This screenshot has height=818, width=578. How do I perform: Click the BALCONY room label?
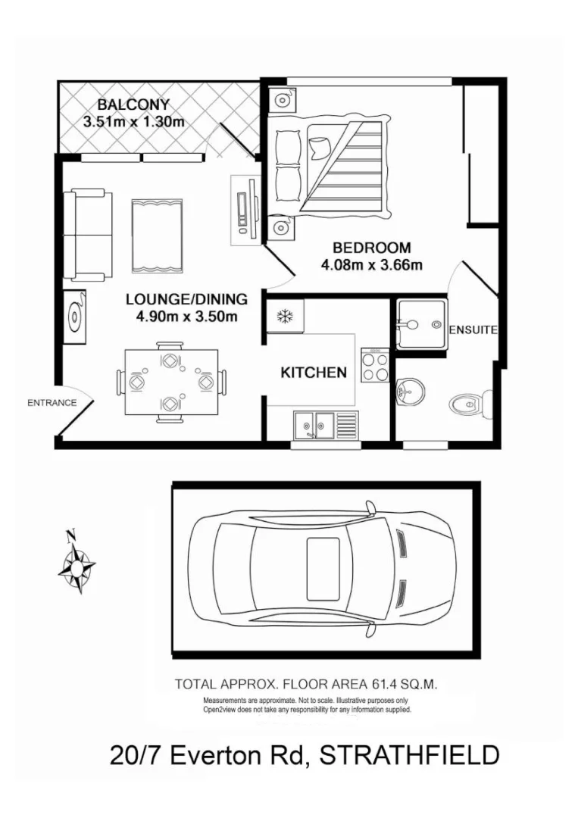pos(133,105)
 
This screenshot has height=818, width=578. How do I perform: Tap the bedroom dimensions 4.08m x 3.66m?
pos(371,264)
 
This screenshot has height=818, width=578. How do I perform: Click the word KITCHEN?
pos(314,373)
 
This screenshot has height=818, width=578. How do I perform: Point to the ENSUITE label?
pos(473,330)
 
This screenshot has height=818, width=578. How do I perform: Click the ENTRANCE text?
pos(52,403)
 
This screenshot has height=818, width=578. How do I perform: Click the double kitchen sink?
pos(317,424)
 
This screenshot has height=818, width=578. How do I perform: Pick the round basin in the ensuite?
pos(410,392)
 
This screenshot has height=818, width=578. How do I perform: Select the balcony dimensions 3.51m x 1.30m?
pos(133,122)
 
